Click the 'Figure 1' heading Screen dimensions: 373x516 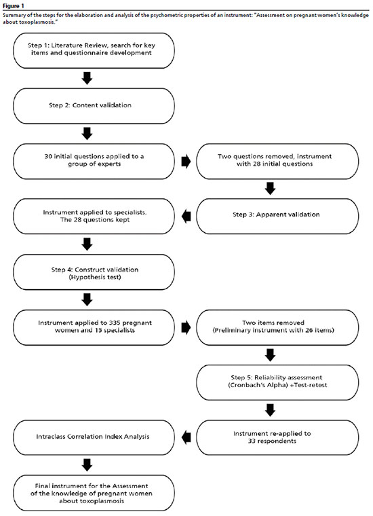[x=14, y=6]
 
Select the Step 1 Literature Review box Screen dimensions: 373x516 [x=94, y=51]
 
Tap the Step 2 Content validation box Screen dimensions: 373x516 [x=94, y=106]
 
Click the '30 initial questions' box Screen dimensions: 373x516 [x=94, y=162]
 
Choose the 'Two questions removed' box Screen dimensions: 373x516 [x=277, y=162]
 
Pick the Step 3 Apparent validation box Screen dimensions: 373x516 [x=277, y=216]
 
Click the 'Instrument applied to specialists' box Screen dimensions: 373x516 [x=94, y=216]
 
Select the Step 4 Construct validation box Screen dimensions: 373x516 [x=94, y=272]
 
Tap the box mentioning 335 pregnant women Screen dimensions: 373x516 [x=94, y=327]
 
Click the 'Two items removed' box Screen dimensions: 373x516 [x=277, y=327]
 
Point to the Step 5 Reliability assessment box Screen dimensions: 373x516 [x=277, y=382]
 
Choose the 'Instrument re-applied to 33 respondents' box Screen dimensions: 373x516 [x=277, y=438]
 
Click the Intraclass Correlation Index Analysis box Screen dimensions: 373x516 [x=94, y=438]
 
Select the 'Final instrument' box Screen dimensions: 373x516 [x=94, y=493]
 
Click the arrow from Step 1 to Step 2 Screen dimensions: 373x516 [x=87, y=78]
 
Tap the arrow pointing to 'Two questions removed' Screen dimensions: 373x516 [x=186, y=162]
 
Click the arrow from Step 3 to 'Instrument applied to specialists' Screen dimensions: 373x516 [x=186, y=216]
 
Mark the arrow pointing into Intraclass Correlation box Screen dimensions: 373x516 [x=186, y=438]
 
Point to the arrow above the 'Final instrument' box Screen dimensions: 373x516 [x=87, y=465]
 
